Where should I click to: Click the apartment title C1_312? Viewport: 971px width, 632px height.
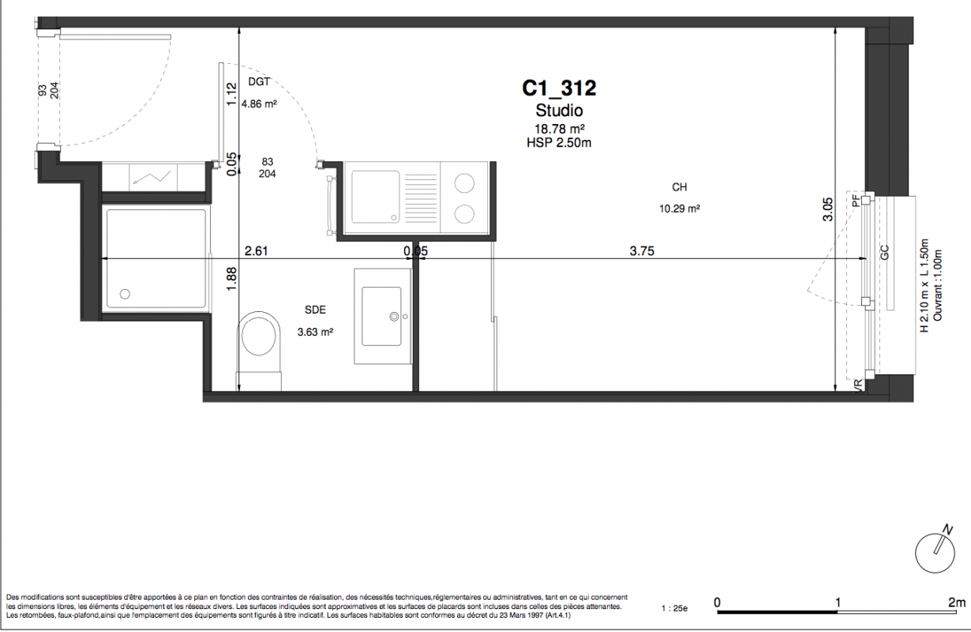coord(559,88)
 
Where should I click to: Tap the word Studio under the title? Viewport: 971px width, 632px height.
coord(559,110)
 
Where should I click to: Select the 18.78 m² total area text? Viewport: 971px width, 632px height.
coord(559,129)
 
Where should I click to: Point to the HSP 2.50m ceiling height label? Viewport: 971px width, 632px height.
coord(559,143)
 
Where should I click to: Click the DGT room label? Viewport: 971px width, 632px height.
coord(259,81)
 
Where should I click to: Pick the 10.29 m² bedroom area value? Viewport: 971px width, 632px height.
coord(679,209)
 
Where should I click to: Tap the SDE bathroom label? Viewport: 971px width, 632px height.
coord(315,310)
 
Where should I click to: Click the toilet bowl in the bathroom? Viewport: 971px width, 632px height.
coord(259,337)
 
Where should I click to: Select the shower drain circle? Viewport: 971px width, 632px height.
coord(125,294)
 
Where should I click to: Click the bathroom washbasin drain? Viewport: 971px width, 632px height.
coord(394,317)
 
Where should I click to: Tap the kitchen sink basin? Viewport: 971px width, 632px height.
coord(376,197)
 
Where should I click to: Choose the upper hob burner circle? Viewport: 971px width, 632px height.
coord(464,183)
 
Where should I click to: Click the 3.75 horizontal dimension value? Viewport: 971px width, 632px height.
coord(642,250)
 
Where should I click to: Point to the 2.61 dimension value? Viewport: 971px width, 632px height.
coord(257,250)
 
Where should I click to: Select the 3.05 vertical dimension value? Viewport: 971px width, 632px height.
coord(828,209)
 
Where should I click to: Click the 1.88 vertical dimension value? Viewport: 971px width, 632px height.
coord(232,279)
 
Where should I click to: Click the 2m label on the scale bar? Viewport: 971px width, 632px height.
coord(957,603)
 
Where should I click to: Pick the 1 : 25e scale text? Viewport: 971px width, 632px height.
coord(674,608)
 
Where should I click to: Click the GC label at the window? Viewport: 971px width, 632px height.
coord(885,253)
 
